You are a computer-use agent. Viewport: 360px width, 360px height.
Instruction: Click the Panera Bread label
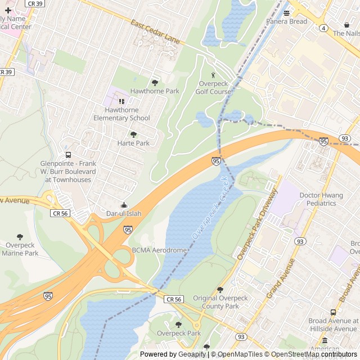pyautogui.click(x=287, y=21)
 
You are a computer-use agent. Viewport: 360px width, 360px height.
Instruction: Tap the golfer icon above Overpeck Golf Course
pyautogui.click(x=213, y=75)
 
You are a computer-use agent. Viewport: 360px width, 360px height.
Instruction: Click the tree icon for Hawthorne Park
pyautogui.click(x=155, y=82)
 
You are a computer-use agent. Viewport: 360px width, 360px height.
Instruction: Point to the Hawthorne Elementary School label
pyautogui.click(x=121, y=114)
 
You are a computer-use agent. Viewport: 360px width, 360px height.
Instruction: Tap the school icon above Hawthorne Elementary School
pyautogui.click(x=121, y=101)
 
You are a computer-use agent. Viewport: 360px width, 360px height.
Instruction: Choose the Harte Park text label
pyautogui.click(x=133, y=143)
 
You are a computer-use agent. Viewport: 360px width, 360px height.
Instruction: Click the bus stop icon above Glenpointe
pyautogui.click(x=68, y=155)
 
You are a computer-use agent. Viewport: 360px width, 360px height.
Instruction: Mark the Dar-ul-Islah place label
pyautogui.click(x=124, y=214)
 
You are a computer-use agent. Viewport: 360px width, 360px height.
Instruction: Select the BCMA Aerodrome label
pyautogui.click(x=159, y=250)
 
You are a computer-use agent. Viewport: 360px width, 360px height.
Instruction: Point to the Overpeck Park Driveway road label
pyautogui.click(x=258, y=224)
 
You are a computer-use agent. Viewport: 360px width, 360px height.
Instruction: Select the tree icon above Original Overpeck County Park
pyautogui.click(x=220, y=290)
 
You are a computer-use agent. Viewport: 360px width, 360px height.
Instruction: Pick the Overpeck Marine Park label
pyautogui.click(x=20, y=249)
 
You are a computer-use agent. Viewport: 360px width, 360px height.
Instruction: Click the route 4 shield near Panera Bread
pyautogui.click(x=323, y=27)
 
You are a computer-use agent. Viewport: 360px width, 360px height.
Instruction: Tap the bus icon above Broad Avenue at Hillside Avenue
pyautogui.click(x=333, y=313)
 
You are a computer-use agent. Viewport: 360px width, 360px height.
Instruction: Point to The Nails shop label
pyautogui.click(x=345, y=33)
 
